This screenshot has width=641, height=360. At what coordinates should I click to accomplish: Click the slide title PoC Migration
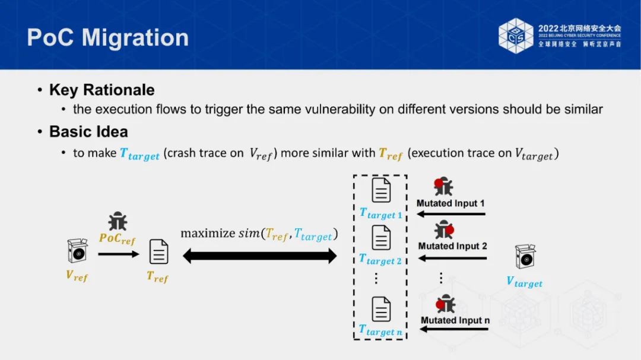click(x=107, y=37)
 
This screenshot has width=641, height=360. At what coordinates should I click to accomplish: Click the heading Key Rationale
click(x=101, y=90)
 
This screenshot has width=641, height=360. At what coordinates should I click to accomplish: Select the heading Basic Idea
click(x=88, y=131)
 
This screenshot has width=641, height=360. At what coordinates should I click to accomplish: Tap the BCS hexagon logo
click(x=516, y=36)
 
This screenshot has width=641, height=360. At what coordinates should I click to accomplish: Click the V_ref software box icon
click(x=77, y=251)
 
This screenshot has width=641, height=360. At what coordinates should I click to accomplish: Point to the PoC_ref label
click(x=118, y=240)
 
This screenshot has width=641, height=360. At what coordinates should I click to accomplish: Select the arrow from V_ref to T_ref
click(x=118, y=253)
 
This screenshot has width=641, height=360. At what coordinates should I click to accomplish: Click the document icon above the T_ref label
click(x=158, y=251)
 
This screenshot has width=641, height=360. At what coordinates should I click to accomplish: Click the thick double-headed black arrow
click(x=259, y=256)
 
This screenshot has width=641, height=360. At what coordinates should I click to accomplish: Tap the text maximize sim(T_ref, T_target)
click(x=259, y=234)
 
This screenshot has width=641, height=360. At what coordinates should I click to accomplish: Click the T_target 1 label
click(x=380, y=214)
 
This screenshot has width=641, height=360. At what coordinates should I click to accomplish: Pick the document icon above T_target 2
click(x=381, y=238)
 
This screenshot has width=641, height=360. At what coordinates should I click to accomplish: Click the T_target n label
click(x=380, y=330)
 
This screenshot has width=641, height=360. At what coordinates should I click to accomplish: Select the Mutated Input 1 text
click(x=450, y=203)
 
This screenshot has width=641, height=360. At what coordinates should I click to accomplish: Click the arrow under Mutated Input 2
click(x=452, y=258)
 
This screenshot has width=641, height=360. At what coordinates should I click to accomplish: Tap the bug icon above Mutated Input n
click(x=445, y=304)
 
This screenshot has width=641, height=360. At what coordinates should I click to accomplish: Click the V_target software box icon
click(x=525, y=257)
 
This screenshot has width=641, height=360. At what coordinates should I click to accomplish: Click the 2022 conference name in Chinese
click(x=579, y=28)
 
